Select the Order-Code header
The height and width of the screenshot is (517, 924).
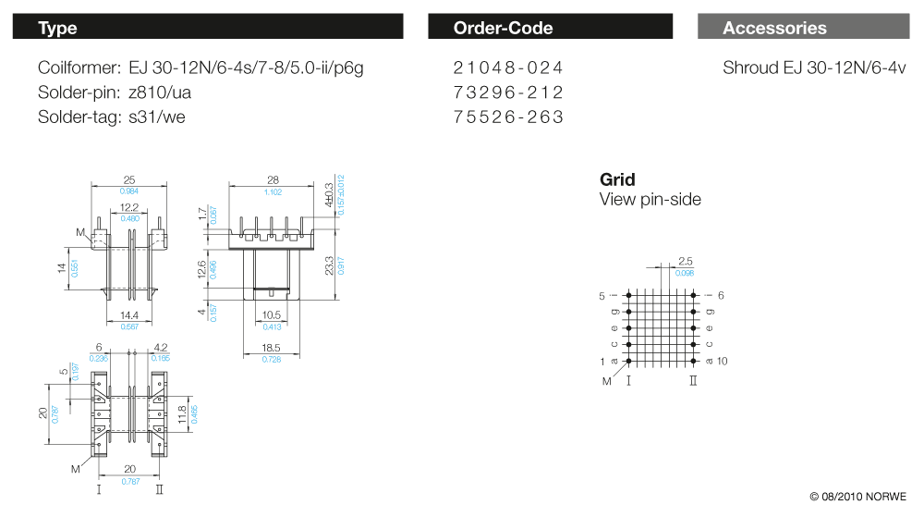click(550, 28)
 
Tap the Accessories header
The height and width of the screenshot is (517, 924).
click(803, 28)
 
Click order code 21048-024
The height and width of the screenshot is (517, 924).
click(508, 68)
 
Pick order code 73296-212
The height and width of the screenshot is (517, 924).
click(508, 92)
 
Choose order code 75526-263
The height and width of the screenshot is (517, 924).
click(508, 117)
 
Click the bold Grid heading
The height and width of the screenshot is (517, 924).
click(617, 179)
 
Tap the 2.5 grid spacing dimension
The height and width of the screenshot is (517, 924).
click(686, 262)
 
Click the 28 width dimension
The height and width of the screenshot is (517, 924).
click(273, 180)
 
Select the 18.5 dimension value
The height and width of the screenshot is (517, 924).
click(273, 348)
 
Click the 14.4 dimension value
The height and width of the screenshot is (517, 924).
click(128, 315)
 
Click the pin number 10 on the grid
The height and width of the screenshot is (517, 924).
click(723, 361)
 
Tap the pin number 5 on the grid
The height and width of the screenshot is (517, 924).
click(602, 296)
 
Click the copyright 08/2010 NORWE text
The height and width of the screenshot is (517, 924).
click(858, 497)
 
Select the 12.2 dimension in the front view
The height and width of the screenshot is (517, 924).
click(129, 208)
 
